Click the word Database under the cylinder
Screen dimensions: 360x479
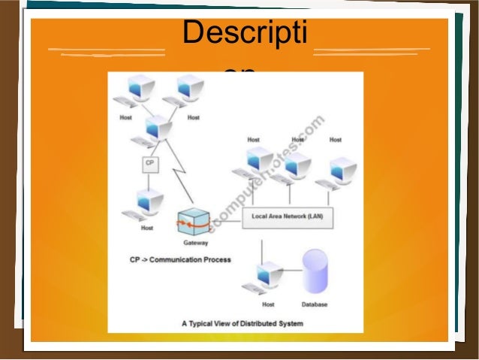[314, 304]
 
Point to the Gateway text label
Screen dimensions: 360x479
[195, 244]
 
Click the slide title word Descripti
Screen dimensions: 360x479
[249, 34]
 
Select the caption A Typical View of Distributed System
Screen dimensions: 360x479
[242, 324]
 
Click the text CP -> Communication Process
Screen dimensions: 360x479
[179, 260]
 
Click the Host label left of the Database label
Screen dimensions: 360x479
[268, 304]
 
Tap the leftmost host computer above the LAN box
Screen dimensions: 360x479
[255, 162]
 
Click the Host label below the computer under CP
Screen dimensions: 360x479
[147, 228]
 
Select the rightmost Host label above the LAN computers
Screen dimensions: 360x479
[335, 140]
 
